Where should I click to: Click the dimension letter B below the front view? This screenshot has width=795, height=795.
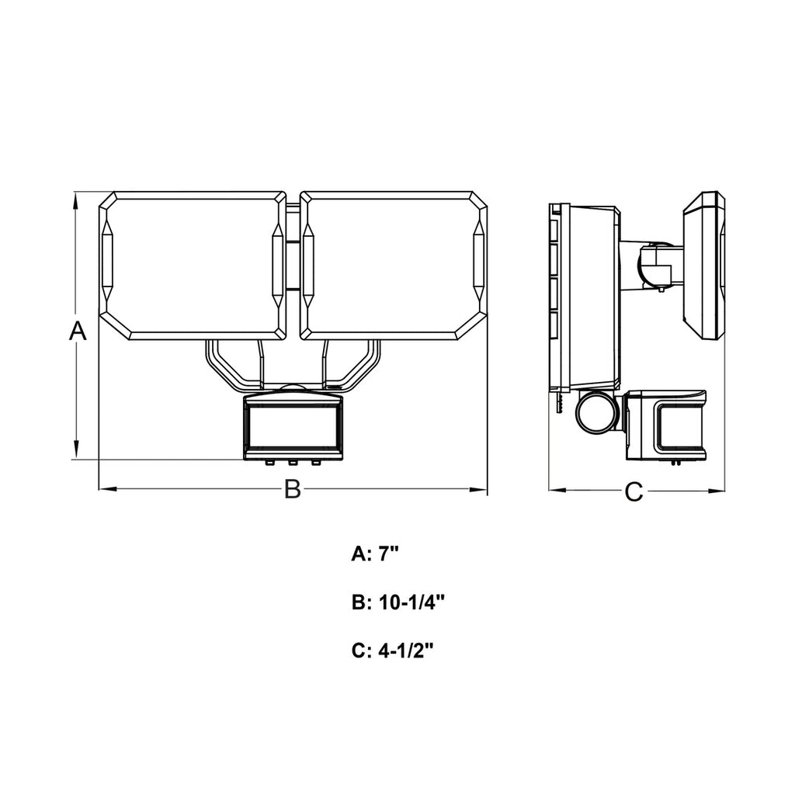pyautogui.click(x=292, y=489)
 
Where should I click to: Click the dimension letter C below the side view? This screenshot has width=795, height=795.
pyautogui.click(x=635, y=491)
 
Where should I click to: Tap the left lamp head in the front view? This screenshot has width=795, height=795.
pyautogui.click(x=193, y=263)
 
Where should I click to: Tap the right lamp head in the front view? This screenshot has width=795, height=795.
pyautogui.click(x=393, y=263)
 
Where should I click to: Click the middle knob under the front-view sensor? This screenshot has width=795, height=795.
pyautogui.click(x=293, y=463)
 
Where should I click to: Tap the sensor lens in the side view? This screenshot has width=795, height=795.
pyautogui.click(x=682, y=425)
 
